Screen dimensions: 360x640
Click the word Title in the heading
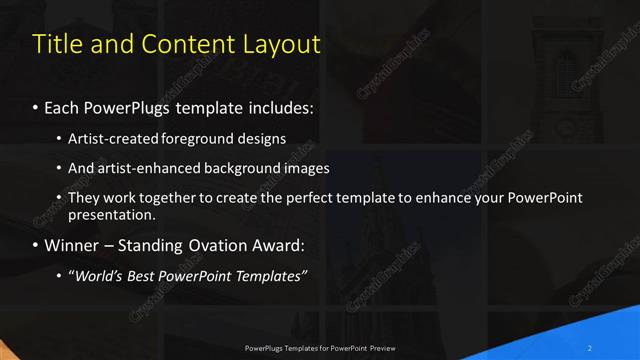point(56,44)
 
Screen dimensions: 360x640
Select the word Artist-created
point(111,138)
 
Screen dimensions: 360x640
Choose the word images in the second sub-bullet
point(306,168)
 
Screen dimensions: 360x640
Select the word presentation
point(111,214)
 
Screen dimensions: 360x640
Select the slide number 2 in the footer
point(591,348)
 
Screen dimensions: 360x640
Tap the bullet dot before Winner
point(36,245)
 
